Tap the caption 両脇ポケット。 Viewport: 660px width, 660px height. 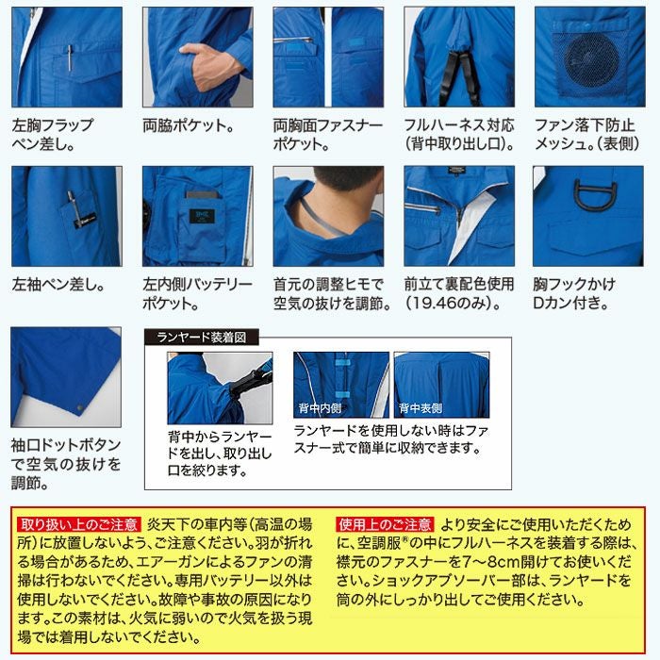point(189,124)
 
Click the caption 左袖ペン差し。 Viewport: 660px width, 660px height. point(58,284)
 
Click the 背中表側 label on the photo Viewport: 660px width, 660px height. point(421,408)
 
